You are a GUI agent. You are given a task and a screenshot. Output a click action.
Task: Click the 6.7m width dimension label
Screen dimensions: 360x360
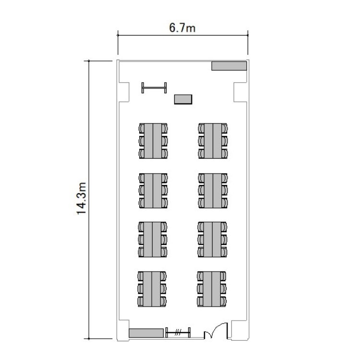click(182, 28)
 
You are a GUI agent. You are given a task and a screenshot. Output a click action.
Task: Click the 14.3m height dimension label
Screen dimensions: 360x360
click(82, 199)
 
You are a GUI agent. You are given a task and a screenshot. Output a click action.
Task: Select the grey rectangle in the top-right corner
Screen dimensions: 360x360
click(229, 66)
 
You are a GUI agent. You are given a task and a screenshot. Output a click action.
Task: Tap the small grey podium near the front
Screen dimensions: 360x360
click(183, 99)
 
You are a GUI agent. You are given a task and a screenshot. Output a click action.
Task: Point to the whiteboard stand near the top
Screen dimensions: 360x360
click(154, 88)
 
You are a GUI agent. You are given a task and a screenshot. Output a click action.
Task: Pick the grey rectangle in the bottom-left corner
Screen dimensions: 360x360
click(146, 333)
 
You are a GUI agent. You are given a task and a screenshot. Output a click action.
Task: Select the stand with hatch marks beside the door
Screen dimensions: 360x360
click(178, 333)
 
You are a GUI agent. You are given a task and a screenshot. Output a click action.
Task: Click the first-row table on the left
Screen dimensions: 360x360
click(153, 141)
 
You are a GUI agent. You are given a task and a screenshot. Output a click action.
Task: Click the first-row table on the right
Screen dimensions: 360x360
click(213, 141)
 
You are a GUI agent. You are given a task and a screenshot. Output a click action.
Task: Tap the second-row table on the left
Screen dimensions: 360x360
click(153, 191)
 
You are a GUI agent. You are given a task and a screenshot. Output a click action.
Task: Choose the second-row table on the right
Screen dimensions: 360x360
click(213, 191)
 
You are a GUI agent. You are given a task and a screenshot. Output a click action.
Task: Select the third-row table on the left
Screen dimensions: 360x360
click(152, 239)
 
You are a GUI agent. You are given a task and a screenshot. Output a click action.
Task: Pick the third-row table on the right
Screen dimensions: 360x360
click(212, 239)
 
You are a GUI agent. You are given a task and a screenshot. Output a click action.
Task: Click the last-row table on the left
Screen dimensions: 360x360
click(152, 289)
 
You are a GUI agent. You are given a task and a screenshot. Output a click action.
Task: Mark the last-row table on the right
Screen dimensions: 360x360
click(212, 289)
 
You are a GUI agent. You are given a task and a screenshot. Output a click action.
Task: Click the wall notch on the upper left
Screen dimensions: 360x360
click(124, 92)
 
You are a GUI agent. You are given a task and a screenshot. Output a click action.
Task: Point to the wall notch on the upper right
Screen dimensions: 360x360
click(240, 92)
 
